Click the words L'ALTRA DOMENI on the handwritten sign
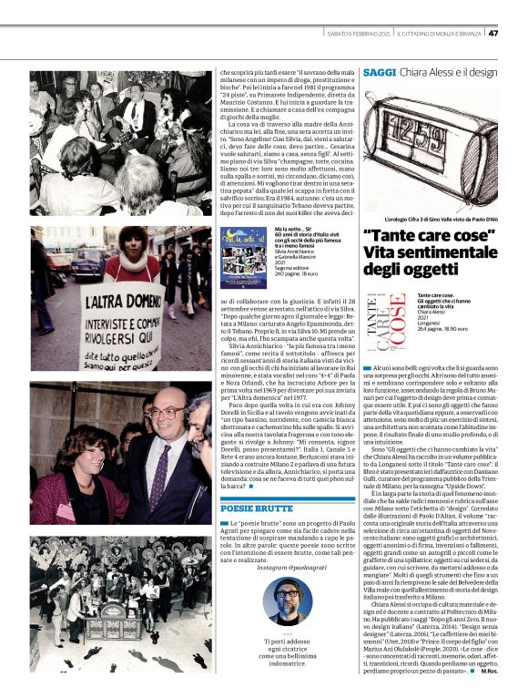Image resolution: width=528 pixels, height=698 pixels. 91,301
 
